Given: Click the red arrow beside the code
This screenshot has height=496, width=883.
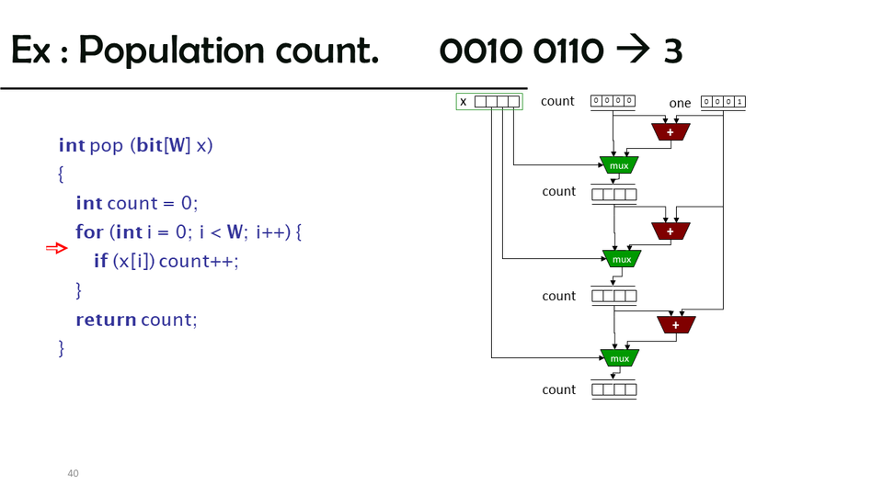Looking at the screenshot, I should (x=57, y=248).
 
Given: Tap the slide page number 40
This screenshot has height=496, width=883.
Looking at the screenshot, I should (x=73, y=473).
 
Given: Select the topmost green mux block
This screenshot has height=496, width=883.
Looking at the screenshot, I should (x=619, y=165).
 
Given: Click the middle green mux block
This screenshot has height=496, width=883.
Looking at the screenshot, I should (x=622, y=259).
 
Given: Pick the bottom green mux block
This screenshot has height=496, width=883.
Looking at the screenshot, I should (x=619, y=357).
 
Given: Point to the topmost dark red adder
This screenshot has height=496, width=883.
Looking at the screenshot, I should (x=671, y=132).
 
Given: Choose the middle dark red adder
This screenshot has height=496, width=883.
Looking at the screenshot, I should (x=671, y=231).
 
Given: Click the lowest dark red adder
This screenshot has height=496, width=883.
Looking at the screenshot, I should (x=676, y=324).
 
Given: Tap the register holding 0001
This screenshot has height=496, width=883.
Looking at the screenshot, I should (x=723, y=102).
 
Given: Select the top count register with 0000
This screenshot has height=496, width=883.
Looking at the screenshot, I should (x=613, y=101).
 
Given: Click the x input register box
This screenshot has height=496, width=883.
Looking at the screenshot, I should (x=497, y=102).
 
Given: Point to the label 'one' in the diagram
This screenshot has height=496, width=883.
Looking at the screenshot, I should (x=680, y=103).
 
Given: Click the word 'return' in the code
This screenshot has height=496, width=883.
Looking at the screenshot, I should (x=106, y=320).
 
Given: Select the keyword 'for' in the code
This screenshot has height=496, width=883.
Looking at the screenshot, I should (x=89, y=231).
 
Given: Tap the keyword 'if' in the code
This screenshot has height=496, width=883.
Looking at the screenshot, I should (x=101, y=261).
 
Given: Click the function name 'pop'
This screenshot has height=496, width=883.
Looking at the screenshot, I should (x=107, y=145).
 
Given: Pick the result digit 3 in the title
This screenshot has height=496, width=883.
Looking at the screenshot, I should (x=672, y=51).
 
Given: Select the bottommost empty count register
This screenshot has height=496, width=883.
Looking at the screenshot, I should (x=614, y=389).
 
